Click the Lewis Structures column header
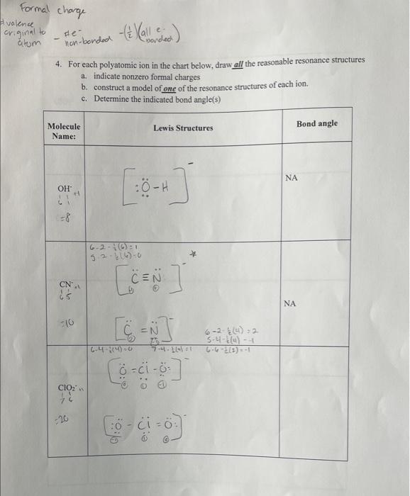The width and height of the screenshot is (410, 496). tap(183, 128)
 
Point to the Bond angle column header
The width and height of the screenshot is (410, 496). tap(317, 123)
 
